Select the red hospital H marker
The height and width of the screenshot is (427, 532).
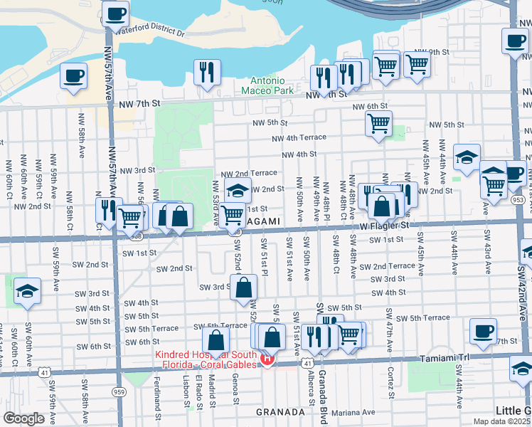(x=267, y=359)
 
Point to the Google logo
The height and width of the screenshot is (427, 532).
(x=23, y=418)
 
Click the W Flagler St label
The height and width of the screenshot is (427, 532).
(x=385, y=225)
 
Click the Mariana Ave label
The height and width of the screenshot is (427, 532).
(x=353, y=411)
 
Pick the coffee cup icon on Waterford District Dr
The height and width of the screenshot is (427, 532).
(x=115, y=12)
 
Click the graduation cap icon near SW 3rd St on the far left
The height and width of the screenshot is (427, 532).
(x=27, y=290)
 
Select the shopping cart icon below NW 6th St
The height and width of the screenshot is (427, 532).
(x=378, y=123)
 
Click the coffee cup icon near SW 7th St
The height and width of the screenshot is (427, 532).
(x=484, y=331)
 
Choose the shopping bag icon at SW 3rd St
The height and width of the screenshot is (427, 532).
(x=243, y=288)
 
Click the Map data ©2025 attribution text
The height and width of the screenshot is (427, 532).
(x=499, y=421)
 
